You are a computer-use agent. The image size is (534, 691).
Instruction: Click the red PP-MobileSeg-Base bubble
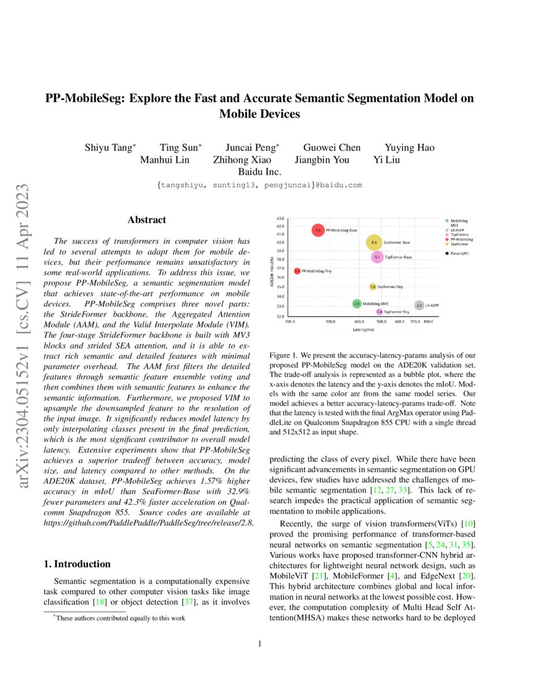318,231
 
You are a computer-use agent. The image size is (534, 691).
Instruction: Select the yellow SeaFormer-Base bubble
374,242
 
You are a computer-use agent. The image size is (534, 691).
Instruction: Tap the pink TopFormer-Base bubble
377,257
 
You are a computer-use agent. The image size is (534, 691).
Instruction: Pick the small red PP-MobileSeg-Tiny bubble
297,271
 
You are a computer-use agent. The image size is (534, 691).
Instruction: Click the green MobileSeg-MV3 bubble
357,303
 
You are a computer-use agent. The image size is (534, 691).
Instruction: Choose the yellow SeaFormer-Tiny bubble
373,286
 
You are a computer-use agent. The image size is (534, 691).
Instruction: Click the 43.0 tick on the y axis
281,219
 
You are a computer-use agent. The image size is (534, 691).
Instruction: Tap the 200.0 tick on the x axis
290,322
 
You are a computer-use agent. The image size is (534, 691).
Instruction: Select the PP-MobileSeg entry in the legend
461,239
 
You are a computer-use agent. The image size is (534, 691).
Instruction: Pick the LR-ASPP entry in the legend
458,230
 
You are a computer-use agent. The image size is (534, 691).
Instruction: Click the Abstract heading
146,220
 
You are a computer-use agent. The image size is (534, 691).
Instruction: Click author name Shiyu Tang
109,148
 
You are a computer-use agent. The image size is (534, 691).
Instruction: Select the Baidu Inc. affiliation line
260,171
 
